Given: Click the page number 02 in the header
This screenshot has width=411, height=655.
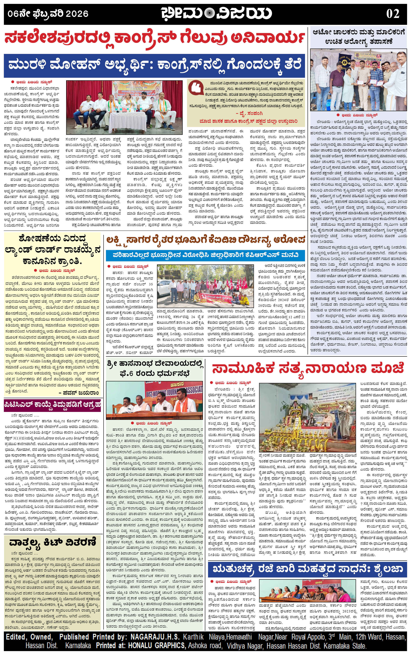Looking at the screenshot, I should click(x=393, y=14).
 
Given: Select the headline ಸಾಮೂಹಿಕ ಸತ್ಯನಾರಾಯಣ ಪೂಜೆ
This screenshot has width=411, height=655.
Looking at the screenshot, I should click(x=308, y=369).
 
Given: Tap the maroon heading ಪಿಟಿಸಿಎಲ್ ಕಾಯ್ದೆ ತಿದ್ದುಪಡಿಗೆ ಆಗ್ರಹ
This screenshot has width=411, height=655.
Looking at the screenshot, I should click(x=52, y=404).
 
